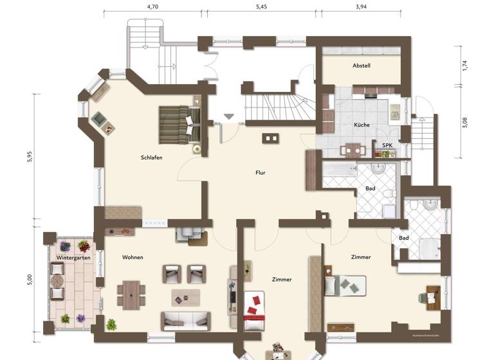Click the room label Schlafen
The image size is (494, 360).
(x=151, y=157)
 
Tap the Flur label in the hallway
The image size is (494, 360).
(x=260, y=172)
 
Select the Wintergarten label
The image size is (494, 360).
(x=73, y=258)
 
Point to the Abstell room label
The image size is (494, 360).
(x=361, y=66)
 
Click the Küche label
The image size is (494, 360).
(x=361, y=125)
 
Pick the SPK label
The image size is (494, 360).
(x=387, y=146)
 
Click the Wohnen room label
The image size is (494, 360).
(x=133, y=257)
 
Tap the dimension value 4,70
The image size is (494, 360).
(x=152, y=6)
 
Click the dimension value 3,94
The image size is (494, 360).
(x=364, y=6)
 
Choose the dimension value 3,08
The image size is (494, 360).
(x=464, y=123)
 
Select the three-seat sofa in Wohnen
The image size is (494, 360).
(x=185, y=319)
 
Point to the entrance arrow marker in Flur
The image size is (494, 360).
(x=228, y=117)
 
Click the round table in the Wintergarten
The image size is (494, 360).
(x=57, y=281)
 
